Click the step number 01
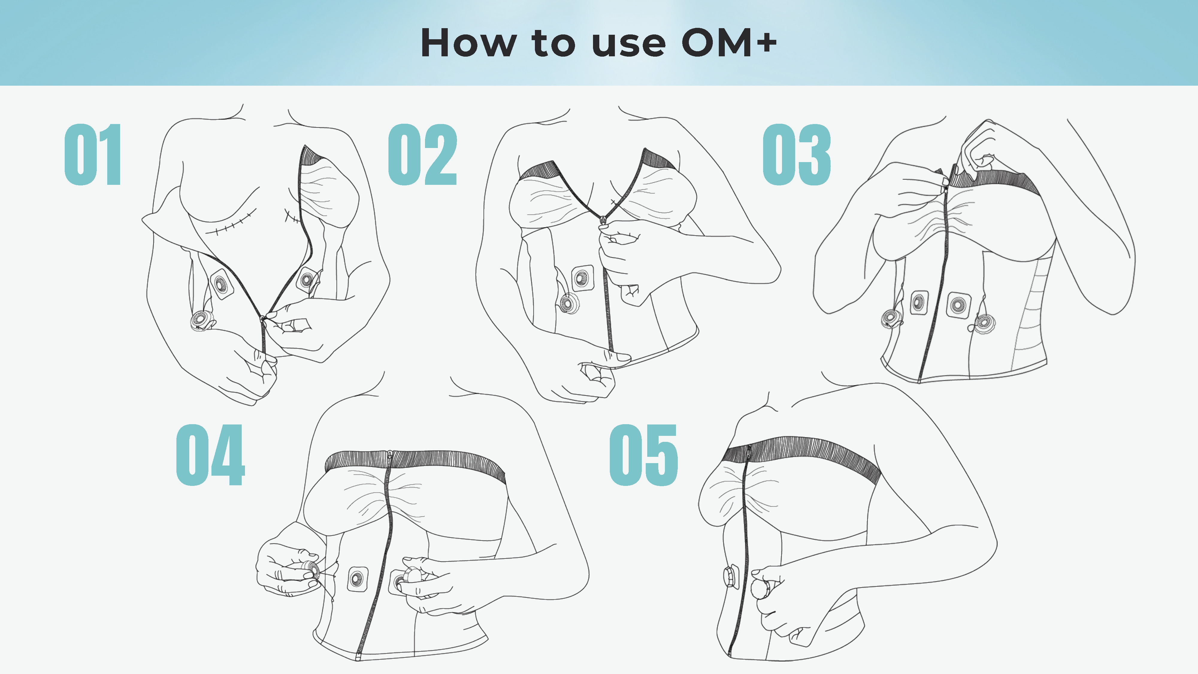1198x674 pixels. [93, 155]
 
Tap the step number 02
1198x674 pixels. [422, 155]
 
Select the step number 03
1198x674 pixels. [797, 155]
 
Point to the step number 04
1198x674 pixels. [210, 455]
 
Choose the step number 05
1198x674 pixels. [644, 455]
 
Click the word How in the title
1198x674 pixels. [468, 43]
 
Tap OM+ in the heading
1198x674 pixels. [729, 43]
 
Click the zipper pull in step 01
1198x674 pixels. [263, 319]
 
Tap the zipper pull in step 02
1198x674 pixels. [603, 220]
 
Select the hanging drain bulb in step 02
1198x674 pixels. [568, 303]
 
